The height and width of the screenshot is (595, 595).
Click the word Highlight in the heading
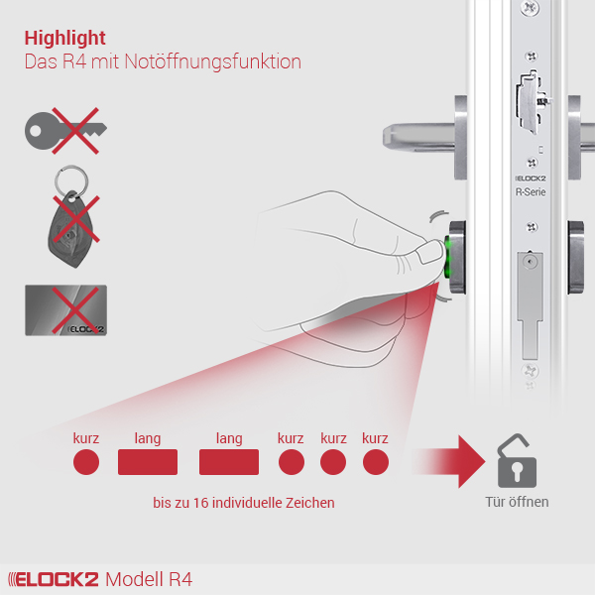(x=64, y=39)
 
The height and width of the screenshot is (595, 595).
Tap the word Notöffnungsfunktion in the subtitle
(x=212, y=61)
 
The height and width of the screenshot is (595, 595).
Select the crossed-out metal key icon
(x=65, y=131)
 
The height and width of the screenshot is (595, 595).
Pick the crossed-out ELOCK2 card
(x=65, y=310)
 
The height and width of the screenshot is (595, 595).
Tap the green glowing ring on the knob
(x=447, y=257)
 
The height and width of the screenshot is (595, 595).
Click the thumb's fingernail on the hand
(x=429, y=251)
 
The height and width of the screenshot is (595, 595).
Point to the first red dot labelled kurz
(x=86, y=462)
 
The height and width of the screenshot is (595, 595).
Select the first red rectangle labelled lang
(x=148, y=462)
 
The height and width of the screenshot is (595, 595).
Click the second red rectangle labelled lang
(x=229, y=462)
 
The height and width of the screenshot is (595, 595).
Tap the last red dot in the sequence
(x=376, y=462)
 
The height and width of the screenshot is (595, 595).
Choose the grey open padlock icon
(x=517, y=461)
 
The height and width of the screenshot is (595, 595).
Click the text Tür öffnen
(x=517, y=502)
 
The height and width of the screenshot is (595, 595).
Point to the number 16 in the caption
(x=200, y=503)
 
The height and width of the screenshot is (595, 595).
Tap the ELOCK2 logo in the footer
(x=54, y=579)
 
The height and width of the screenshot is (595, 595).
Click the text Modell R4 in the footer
(x=149, y=579)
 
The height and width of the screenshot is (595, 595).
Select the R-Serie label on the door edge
(x=531, y=192)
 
